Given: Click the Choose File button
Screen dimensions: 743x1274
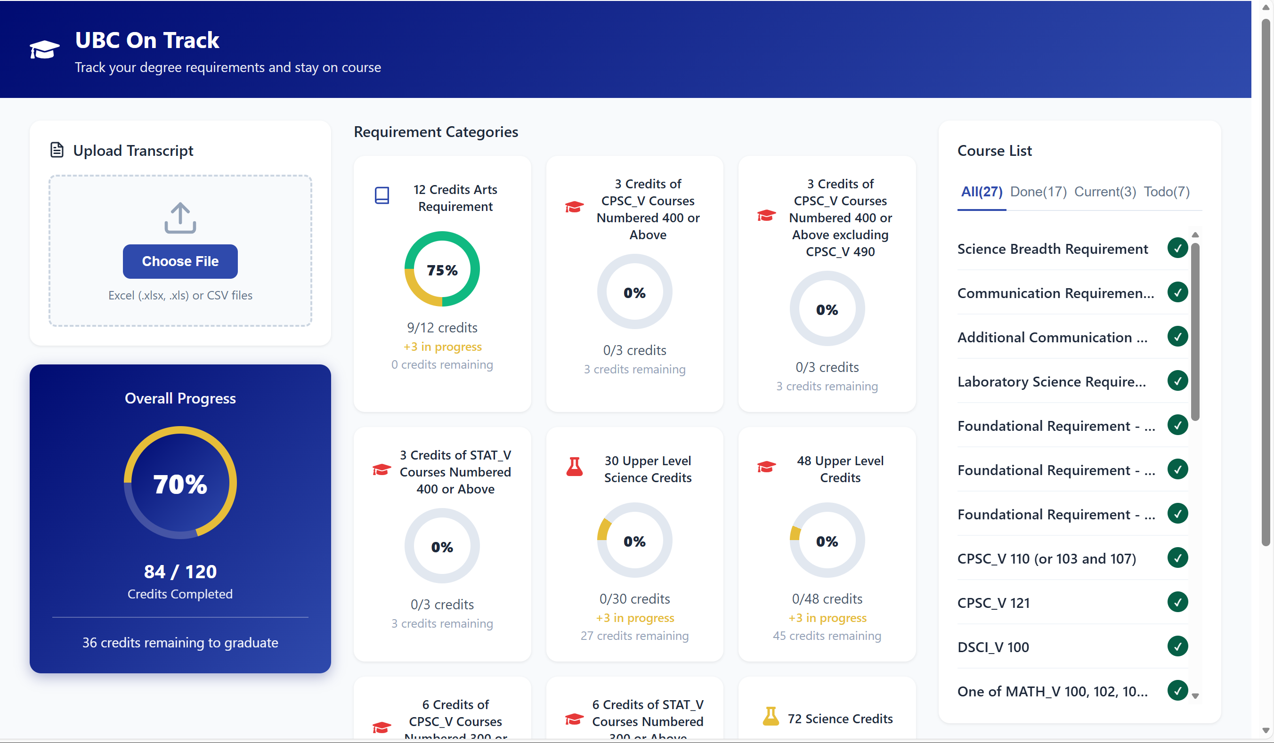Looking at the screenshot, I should pos(180,261).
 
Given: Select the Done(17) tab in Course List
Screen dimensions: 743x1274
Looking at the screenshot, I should pos(1038,192).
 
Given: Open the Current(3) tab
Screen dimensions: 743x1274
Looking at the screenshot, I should pos(1104,192).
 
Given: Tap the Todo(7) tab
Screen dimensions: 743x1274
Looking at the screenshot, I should pos(1166,192).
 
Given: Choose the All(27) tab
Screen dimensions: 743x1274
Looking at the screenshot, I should pos(981,192).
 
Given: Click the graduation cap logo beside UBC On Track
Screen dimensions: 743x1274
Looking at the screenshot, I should pos(44,49).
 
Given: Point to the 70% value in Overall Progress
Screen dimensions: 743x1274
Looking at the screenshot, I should pos(180,484).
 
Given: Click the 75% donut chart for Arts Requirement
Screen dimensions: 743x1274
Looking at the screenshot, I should pos(442,269).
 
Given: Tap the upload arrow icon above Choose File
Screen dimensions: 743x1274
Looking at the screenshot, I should pos(180,218).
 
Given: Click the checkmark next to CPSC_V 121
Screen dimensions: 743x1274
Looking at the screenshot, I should pos(1177,603).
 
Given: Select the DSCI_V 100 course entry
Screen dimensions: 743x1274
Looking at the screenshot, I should pos(993,647).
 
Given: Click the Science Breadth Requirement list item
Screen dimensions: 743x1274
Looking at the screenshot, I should pos(1053,249).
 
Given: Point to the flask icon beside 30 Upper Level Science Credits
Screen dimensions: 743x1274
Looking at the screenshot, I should pos(574,467).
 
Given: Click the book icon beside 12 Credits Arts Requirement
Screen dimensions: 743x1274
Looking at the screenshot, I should pos(381,195).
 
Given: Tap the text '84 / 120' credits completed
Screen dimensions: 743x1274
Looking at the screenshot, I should pos(180,572).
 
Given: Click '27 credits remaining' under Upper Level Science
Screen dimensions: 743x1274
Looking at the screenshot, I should pos(634,636).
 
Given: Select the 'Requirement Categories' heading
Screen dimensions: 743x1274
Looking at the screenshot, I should pos(436,132).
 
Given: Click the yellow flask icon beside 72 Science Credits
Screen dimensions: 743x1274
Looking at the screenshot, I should pos(771,717).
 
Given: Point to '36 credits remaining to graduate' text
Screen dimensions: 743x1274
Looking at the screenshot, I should pos(180,643).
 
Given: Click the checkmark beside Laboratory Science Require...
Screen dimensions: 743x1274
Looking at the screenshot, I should pos(1177,381).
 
